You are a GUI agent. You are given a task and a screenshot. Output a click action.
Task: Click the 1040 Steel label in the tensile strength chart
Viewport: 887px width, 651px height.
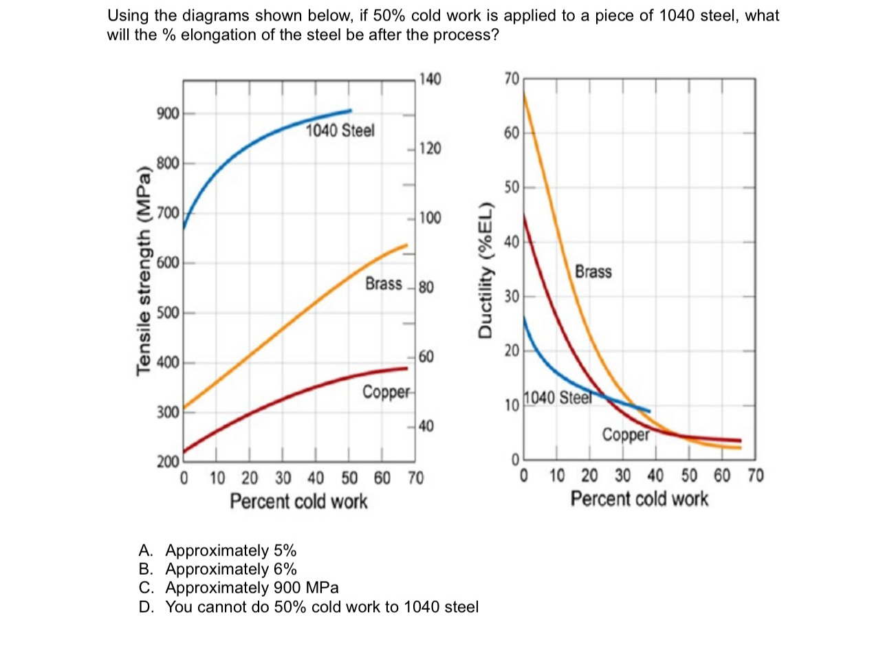coord(340,131)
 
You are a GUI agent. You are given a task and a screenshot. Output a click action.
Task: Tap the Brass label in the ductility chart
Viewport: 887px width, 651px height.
coord(593,272)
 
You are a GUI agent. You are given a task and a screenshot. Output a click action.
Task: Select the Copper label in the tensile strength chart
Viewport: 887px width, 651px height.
coord(385,393)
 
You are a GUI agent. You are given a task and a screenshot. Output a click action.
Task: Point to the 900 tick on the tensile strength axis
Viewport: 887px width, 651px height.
coord(168,113)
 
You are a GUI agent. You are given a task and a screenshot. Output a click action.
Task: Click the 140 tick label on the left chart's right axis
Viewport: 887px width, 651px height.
coord(430,79)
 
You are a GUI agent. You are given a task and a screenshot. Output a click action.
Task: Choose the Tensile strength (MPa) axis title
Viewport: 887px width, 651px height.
coord(144,271)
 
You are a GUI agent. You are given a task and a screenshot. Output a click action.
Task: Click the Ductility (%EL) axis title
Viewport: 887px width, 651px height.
coord(486,271)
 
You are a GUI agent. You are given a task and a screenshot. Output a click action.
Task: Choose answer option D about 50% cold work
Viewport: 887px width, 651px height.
coord(308,607)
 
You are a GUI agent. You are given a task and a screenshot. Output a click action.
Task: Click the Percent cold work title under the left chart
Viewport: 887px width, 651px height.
coord(298,501)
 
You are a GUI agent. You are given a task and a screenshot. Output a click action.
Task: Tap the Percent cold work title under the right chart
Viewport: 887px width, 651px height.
coord(639,498)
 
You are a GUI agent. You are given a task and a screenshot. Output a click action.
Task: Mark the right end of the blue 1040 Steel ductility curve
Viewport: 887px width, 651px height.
coord(649,412)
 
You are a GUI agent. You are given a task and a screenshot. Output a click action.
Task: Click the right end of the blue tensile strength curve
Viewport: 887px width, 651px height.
coord(351,110)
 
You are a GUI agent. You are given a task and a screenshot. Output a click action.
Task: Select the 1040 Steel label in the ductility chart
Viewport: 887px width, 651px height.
coord(558,398)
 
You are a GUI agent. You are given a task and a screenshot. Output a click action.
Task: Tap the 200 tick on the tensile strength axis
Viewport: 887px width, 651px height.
coord(168,461)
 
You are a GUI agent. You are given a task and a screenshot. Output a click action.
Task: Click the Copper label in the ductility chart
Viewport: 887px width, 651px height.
coord(625,434)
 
